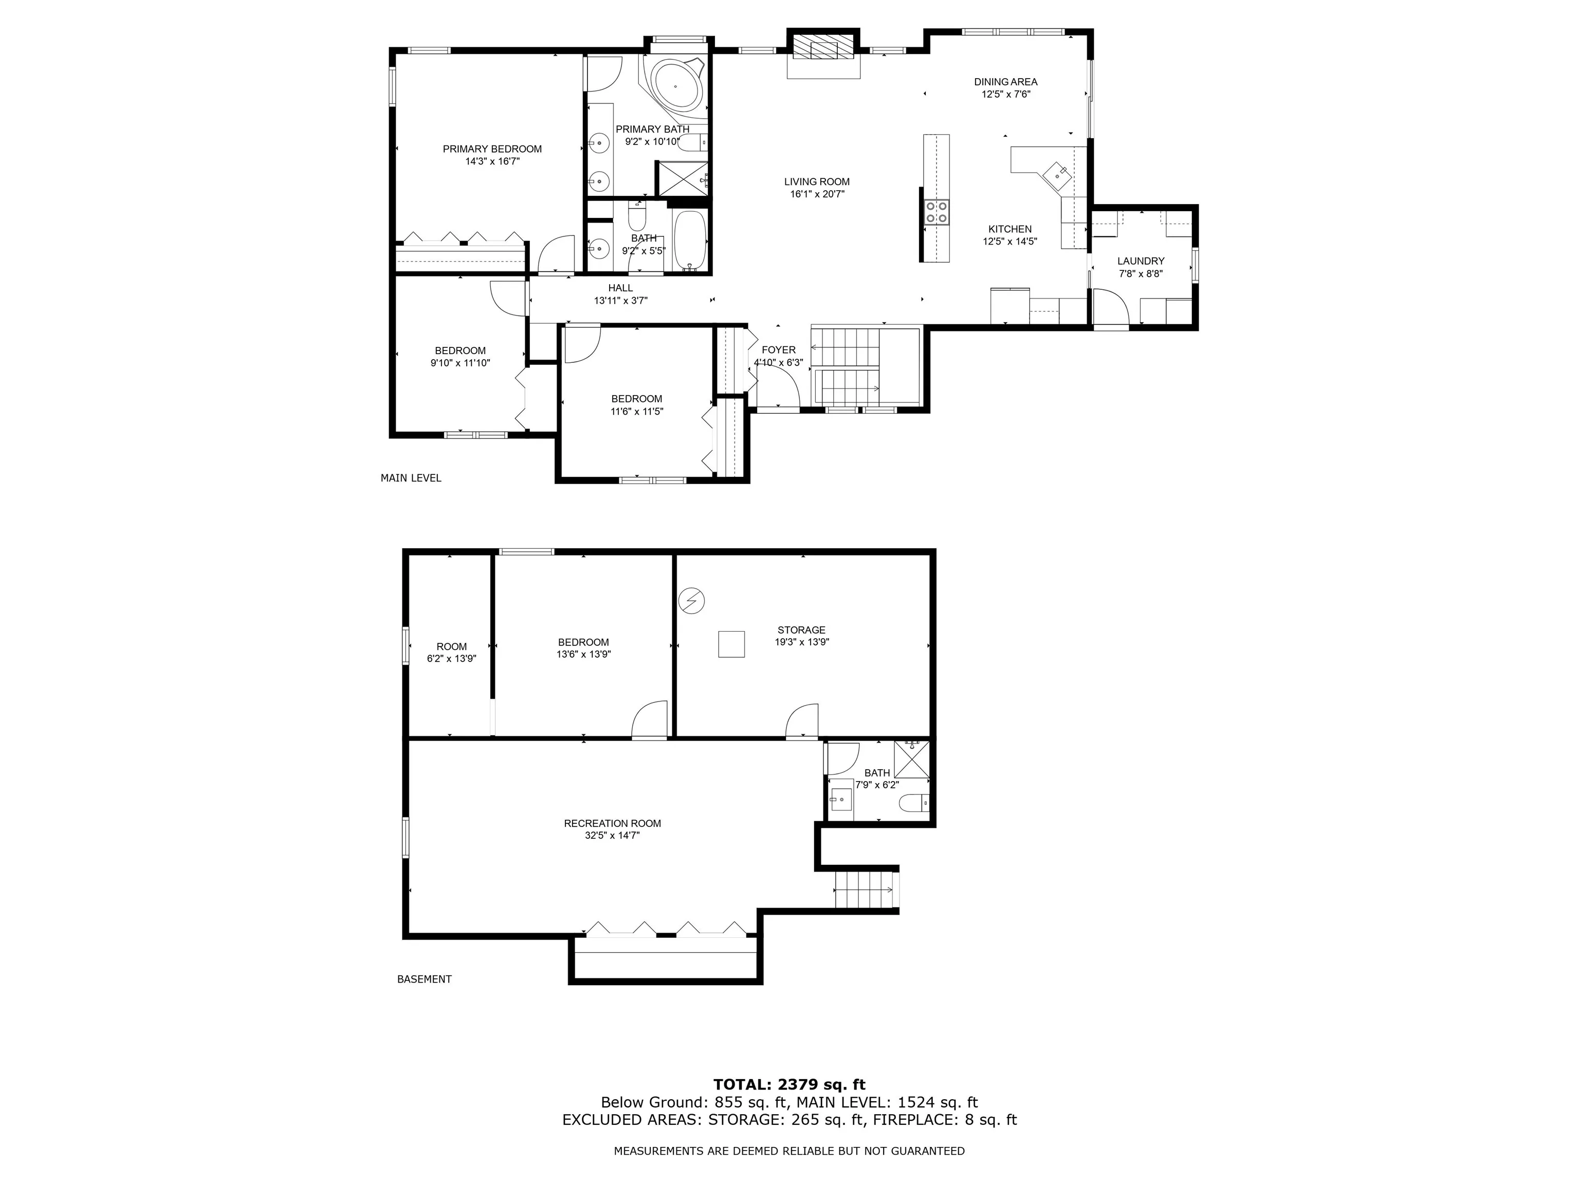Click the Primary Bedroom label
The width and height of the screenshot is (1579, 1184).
click(492, 149)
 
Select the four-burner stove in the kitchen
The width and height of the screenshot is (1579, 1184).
click(937, 212)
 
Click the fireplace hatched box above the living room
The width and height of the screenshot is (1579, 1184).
click(823, 48)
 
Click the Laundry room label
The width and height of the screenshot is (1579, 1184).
click(1141, 261)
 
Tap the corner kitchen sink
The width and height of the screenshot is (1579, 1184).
click(1056, 172)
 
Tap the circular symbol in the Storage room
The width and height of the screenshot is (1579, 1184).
click(691, 601)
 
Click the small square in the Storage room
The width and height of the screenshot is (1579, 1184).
click(731, 644)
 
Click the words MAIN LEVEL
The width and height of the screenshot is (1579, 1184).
click(411, 478)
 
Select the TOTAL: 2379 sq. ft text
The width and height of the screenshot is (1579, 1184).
click(789, 1085)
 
